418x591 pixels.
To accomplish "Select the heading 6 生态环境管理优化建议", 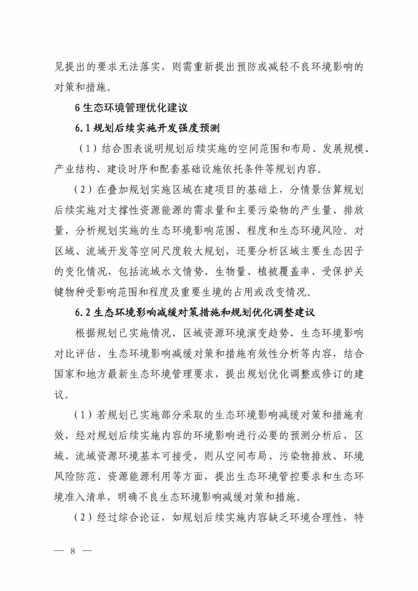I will click(x=131, y=108).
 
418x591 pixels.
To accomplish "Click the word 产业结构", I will click(x=75, y=169).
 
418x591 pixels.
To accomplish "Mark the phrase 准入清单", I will click(x=86, y=497).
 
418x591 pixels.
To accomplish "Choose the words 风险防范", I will click(x=75, y=476).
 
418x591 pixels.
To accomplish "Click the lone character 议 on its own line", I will click(x=59, y=395).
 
